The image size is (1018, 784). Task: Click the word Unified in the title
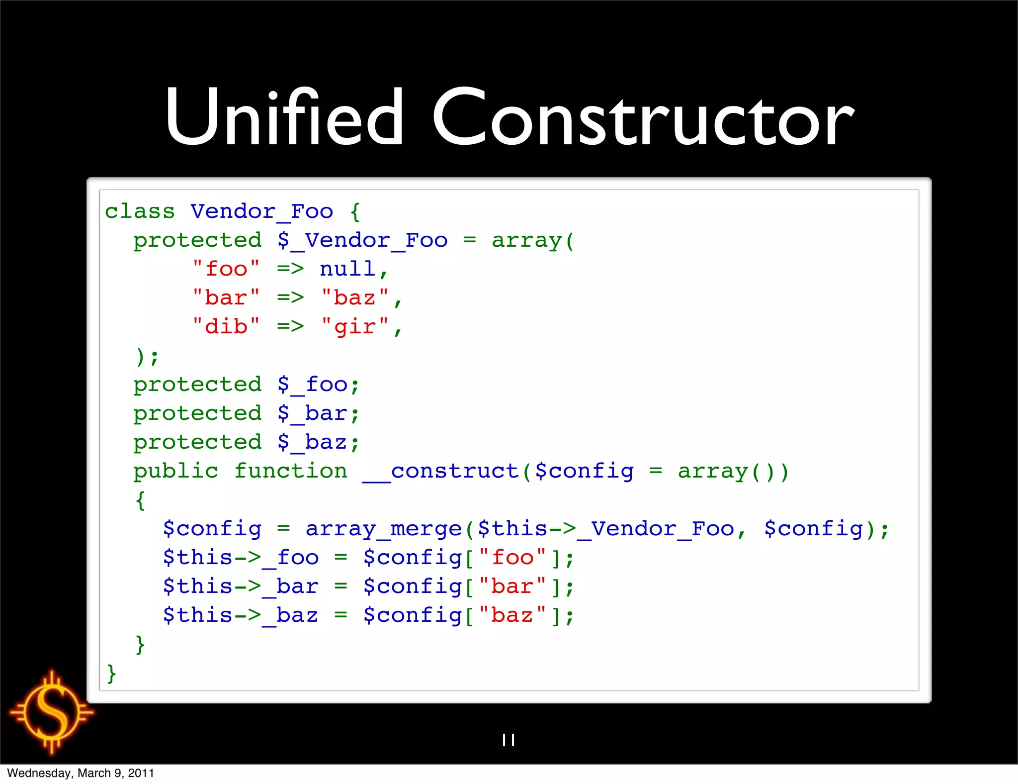(x=284, y=118)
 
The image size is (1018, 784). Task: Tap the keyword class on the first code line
(x=140, y=212)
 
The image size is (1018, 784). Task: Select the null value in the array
(x=347, y=270)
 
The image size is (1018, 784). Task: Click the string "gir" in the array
(x=354, y=327)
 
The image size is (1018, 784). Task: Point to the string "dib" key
(x=226, y=327)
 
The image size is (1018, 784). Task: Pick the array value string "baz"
(x=354, y=298)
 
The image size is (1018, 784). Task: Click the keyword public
(x=176, y=472)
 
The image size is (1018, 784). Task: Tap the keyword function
(x=291, y=472)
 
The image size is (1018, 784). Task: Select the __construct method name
(x=440, y=472)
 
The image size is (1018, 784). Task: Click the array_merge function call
(x=383, y=529)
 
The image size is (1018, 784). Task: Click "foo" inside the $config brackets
(x=512, y=558)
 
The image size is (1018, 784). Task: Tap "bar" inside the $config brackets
(x=512, y=587)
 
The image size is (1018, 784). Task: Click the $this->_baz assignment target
(x=241, y=616)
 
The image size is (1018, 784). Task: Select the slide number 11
(x=509, y=740)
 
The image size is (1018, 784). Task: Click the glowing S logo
(x=52, y=712)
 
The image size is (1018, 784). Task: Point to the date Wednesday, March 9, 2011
(x=81, y=773)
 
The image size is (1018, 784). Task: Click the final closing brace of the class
(x=112, y=674)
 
